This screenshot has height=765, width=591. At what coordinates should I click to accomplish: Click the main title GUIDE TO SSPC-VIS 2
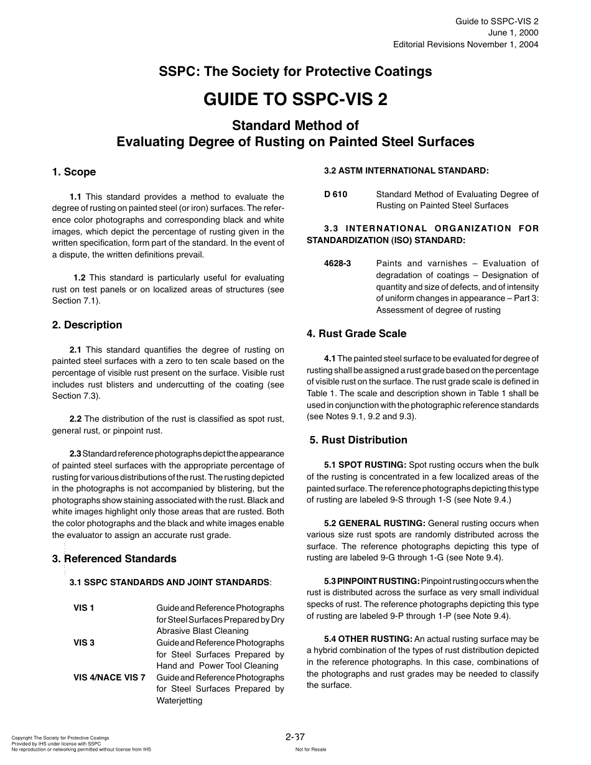click(295, 100)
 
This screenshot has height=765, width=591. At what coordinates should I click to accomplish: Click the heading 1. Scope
click(74, 172)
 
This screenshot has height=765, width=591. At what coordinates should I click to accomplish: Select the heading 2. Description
click(87, 325)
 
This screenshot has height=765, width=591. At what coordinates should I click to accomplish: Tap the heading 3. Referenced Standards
click(114, 559)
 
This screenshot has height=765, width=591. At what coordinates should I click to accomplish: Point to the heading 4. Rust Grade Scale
click(356, 333)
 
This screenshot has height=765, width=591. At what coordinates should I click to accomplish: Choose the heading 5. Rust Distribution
click(358, 440)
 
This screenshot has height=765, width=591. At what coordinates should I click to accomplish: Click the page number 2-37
click(295, 737)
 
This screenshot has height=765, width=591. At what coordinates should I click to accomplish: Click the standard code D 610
click(336, 194)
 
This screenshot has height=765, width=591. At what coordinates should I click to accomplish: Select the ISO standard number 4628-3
click(338, 263)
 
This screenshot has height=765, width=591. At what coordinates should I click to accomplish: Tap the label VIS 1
click(84, 608)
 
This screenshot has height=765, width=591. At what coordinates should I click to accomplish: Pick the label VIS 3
click(84, 642)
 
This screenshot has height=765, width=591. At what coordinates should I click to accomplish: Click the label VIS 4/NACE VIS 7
click(109, 677)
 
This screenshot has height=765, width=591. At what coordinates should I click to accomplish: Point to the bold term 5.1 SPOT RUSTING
click(365, 465)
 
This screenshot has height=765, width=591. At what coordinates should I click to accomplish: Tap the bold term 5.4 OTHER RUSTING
click(368, 639)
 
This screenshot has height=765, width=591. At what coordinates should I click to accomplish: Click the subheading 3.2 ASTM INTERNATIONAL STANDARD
click(406, 170)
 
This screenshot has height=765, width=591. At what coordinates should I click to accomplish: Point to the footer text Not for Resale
click(310, 749)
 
